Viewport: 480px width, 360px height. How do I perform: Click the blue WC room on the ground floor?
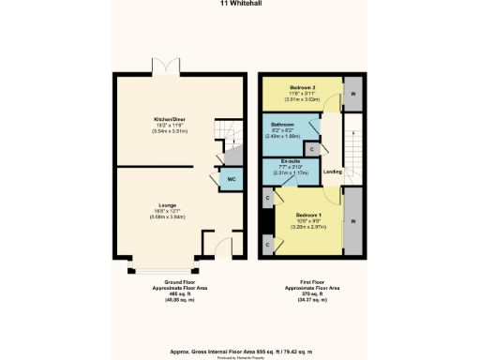click(x=231, y=181)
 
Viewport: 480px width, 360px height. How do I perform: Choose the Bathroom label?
click(x=284, y=125)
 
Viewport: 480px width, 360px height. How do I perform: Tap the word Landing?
click(x=330, y=171)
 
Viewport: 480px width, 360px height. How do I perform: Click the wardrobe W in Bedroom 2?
click(x=353, y=93)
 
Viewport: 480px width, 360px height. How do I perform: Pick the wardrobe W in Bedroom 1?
click(x=353, y=221)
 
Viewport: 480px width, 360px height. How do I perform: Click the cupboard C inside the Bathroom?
click(x=310, y=147)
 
